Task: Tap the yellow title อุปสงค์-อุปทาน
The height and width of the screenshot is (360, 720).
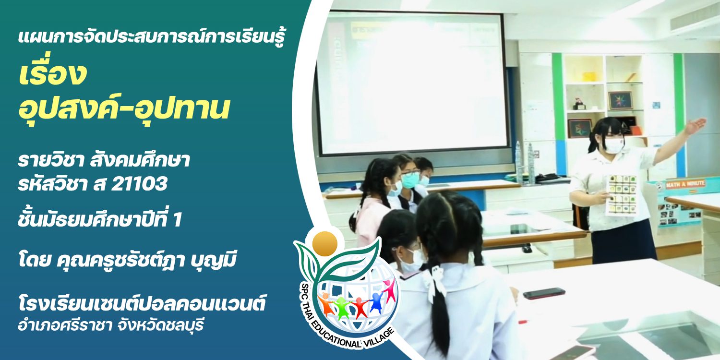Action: coord(124,108)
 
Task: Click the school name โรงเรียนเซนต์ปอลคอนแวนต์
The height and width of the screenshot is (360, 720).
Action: coord(142,303)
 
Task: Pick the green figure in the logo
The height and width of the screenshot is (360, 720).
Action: coord(342,308)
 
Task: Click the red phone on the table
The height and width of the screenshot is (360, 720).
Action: coord(544,293)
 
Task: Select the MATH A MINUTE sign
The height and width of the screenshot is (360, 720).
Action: coord(687,184)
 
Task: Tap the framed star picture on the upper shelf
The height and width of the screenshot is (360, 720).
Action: coord(620,100)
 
